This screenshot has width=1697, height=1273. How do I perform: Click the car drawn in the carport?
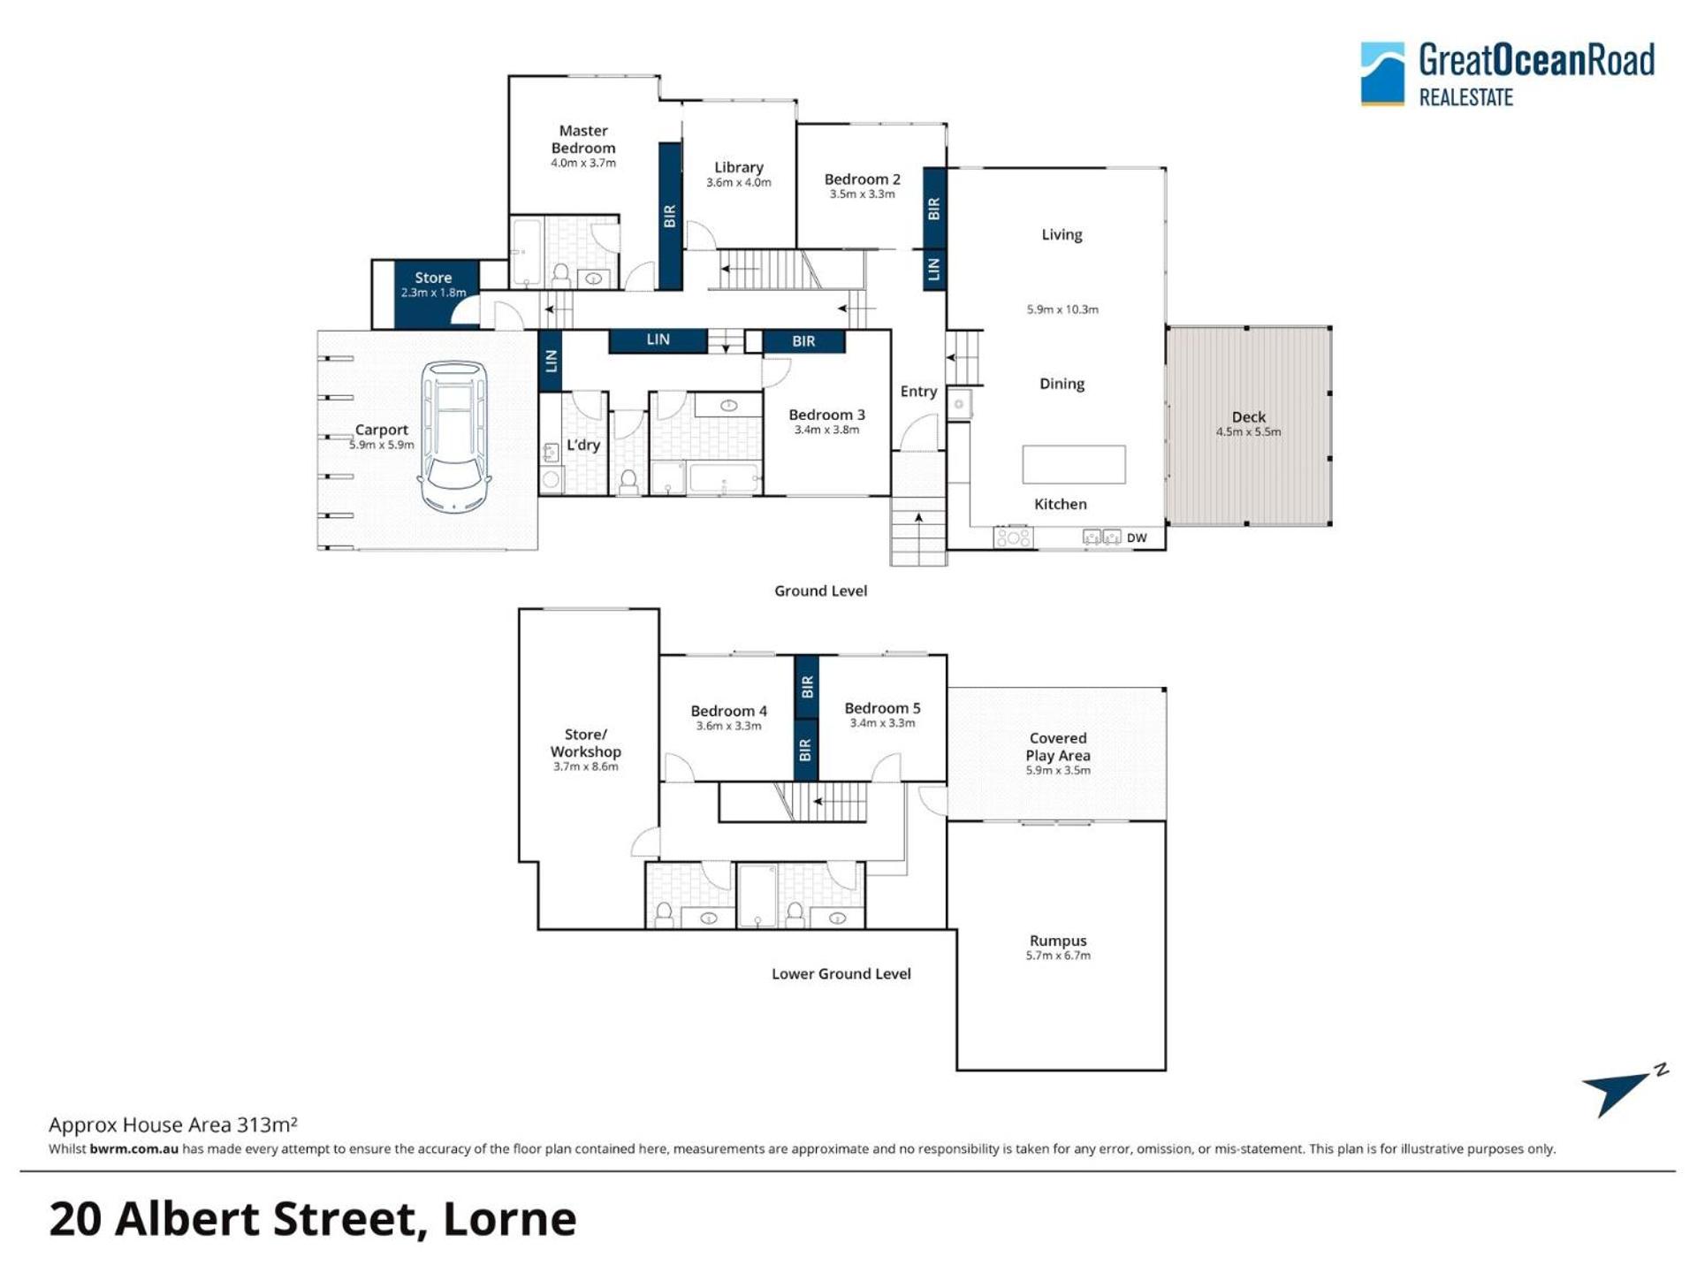point(454,437)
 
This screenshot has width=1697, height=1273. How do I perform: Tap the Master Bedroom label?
point(583,140)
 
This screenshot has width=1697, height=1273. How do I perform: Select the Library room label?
point(739,167)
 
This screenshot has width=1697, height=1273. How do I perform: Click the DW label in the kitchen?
point(1137,537)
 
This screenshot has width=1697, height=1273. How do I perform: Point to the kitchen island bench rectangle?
point(1074,464)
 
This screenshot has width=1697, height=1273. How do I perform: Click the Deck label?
point(1248,416)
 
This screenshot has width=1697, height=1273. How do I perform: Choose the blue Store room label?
point(433,278)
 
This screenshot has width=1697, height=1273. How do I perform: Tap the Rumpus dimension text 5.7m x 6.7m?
point(1058,956)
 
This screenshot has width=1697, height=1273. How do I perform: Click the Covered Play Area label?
point(1058,747)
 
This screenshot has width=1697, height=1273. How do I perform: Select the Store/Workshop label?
point(585,743)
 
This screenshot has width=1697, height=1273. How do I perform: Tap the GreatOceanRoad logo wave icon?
point(1382,73)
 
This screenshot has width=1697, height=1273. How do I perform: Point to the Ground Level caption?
point(820,591)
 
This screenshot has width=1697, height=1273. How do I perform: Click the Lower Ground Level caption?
point(841,973)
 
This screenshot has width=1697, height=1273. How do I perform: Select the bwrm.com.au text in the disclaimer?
point(133,1149)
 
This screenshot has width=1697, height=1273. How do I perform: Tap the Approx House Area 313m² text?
point(172,1124)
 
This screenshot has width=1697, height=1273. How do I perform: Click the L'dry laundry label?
point(583,445)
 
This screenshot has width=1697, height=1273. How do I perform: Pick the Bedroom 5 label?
point(882,708)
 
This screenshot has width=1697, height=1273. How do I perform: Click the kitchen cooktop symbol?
point(1013,537)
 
